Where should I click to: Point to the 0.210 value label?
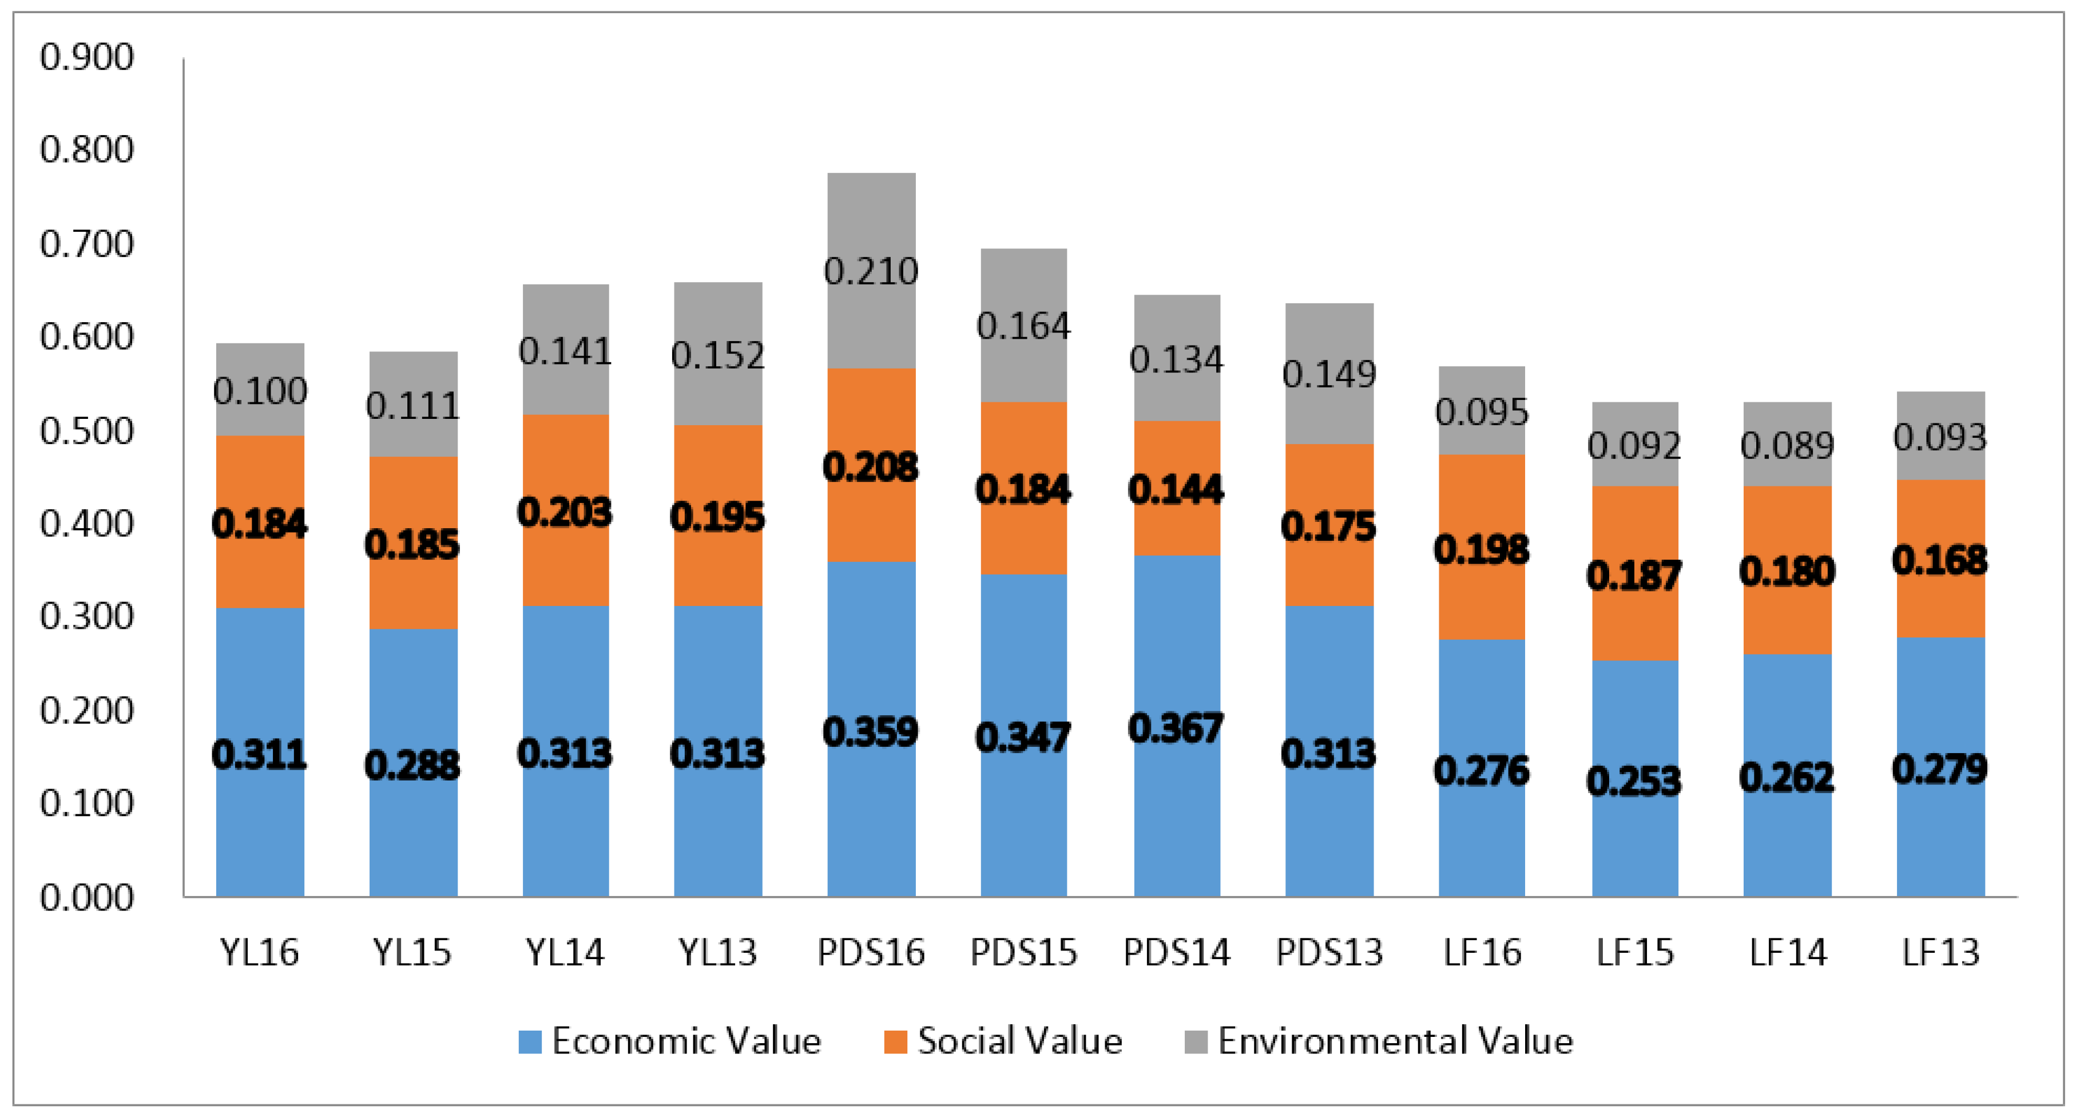871,272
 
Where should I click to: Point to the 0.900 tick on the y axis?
86,58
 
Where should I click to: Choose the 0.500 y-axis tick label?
86,431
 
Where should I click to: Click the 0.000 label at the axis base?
86,898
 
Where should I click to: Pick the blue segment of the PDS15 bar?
1023,806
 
